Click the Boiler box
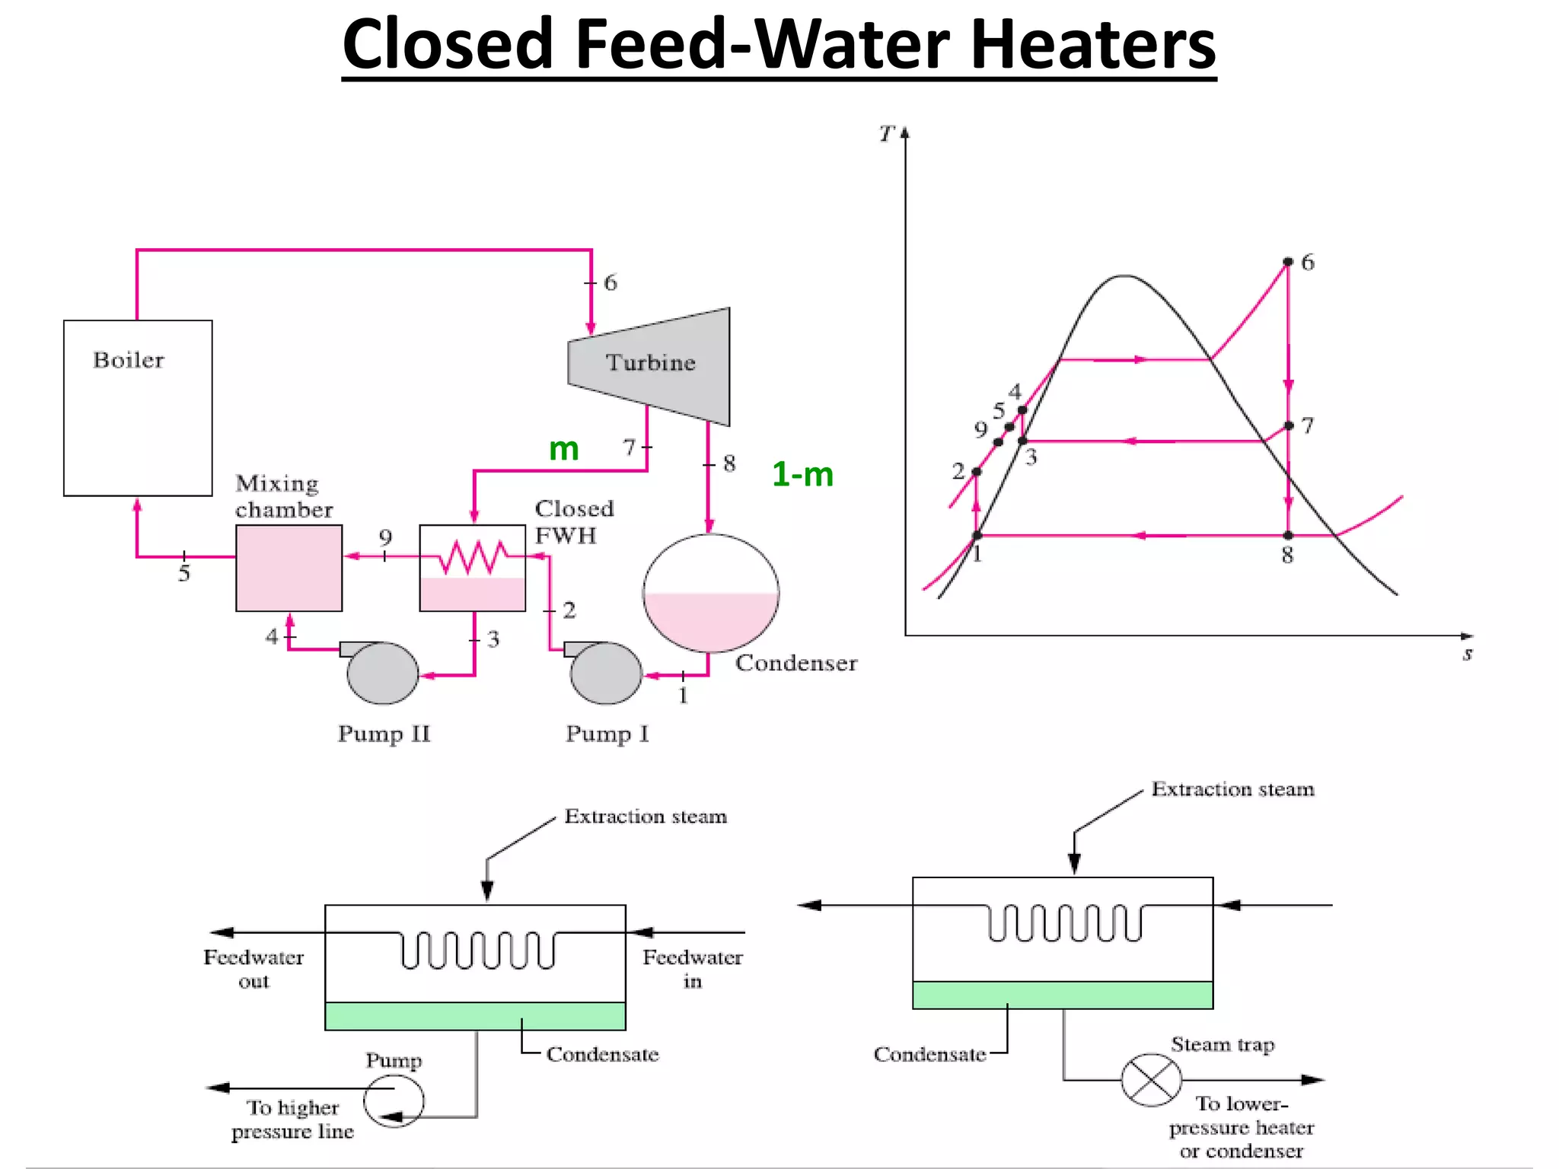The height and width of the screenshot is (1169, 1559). pyautogui.click(x=138, y=408)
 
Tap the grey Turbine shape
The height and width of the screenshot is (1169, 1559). pyautogui.click(x=649, y=366)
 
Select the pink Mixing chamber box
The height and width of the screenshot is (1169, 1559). pyautogui.click(x=289, y=568)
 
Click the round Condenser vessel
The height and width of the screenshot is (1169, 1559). pyautogui.click(x=711, y=593)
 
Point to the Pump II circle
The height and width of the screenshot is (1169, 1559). pyautogui.click(x=382, y=673)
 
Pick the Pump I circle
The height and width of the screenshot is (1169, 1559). pyautogui.click(x=607, y=673)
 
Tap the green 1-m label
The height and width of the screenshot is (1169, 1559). pyautogui.click(x=802, y=475)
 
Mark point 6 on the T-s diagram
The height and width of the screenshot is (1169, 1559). pyautogui.click(x=1288, y=262)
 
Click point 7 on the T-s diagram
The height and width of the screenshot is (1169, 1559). pyautogui.click(x=1288, y=425)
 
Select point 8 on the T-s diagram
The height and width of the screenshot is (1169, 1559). pyautogui.click(x=1288, y=536)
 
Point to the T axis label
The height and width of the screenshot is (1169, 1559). pyautogui.click(x=886, y=135)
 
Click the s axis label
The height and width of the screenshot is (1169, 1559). pyautogui.click(x=1468, y=654)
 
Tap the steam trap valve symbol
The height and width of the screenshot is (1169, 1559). pyautogui.click(x=1151, y=1080)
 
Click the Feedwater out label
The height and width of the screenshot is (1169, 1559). pyautogui.click(x=253, y=969)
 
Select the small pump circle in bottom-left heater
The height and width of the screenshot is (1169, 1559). pyautogui.click(x=394, y=1100)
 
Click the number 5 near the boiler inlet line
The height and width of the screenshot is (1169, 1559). pyautogui.click(x=184, y=574)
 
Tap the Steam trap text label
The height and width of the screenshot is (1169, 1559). pyautogui.click(x=1223, y=1045)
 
